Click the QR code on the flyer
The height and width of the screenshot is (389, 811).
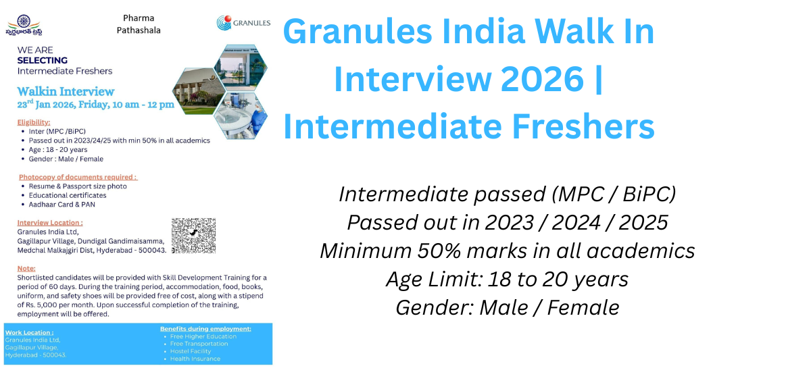coord(193,235)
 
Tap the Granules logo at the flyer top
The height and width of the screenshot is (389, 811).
coord(243,23)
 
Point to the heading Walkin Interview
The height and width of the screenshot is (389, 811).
coord(66,91)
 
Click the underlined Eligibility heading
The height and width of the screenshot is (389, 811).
coord(34,122)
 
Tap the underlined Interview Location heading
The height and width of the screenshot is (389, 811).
coord(50,222)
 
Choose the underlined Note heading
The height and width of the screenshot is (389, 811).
coord(26,268)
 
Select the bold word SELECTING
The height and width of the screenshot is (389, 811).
coord(42,61)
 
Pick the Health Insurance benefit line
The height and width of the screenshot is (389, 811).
coord(195,359)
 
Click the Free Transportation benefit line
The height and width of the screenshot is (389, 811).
coord(199,344)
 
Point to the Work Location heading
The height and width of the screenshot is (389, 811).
coord(29,332)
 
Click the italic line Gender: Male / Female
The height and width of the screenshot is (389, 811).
coord(507,307)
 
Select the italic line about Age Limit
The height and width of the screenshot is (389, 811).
coord(507,279)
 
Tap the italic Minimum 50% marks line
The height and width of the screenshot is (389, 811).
coord(507,251)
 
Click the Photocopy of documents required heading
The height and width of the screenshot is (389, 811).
coord(78,177)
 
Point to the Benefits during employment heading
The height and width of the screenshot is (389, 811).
coord(205,328)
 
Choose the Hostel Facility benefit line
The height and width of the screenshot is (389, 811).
coord(191,351)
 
